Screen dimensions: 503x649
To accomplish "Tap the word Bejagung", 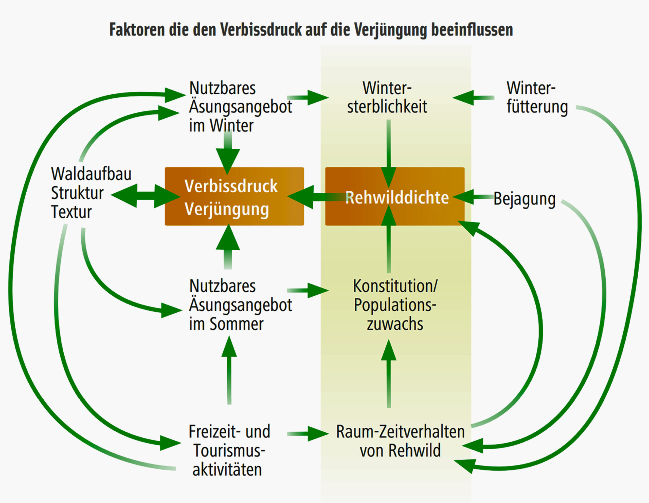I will point(525,199).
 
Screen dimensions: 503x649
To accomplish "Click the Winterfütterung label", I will point(537,97).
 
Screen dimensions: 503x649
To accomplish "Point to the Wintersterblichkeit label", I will point(387,97).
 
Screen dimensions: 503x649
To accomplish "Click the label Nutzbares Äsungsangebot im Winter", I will point(240,107).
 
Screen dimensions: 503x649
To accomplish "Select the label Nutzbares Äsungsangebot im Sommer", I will point(240,305).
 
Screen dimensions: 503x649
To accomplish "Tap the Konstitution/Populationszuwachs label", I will point(395,305).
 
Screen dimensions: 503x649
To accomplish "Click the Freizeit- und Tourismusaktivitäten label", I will point(229,451).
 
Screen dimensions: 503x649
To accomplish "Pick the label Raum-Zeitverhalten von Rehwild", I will point(400,441).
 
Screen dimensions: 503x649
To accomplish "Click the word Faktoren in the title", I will point(137,30).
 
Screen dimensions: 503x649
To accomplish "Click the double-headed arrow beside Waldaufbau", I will point(146,196).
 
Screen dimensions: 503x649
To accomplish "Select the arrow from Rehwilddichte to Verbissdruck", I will point(315,197).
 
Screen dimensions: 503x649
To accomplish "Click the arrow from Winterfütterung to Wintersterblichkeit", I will point(474,97).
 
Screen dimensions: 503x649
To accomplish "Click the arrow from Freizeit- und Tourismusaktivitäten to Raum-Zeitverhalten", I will point(308,434).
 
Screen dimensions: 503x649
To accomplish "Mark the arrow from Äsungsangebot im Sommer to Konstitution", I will point(308,290).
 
